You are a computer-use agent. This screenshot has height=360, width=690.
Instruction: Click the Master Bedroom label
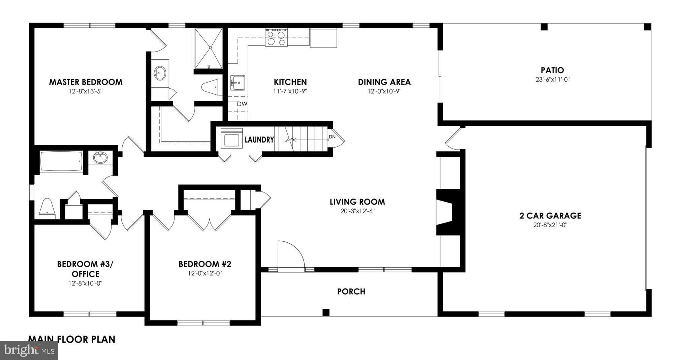pos(86,82)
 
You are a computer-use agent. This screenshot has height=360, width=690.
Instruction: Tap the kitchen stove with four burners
pos(276,37)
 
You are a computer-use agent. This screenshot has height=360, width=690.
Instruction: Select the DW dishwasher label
pos(242,104)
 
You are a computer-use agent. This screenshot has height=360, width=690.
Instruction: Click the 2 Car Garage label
pos(550,215)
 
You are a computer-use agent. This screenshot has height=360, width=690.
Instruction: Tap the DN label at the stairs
pos(332,137)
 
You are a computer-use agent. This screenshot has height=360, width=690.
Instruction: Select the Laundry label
pos(259,140)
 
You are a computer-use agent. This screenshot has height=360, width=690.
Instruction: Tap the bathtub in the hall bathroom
pos(61,162)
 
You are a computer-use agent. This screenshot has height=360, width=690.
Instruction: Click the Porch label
pos(351,292)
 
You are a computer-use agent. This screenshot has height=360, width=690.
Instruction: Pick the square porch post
pos(326,312)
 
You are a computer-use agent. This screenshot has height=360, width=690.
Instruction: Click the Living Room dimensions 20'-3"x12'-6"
pos(357,211)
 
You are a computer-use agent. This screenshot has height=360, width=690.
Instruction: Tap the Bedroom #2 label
pos(205,264)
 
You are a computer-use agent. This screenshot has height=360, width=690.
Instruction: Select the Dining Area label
pos(384,82)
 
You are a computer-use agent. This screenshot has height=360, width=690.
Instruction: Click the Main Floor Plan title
pos(71,339)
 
